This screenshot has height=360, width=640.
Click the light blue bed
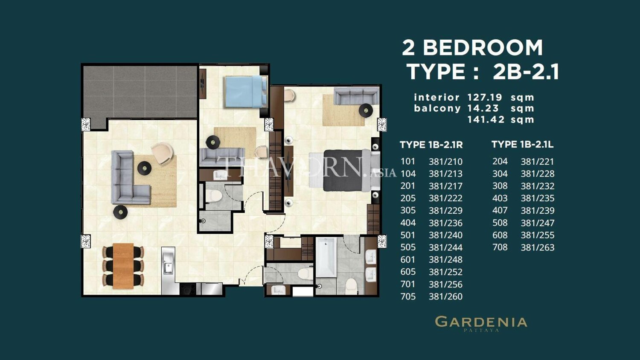click(x=246, y=91)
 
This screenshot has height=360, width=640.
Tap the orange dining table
click(x=123, y=266)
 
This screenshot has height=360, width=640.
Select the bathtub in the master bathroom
click(x=326, y=257)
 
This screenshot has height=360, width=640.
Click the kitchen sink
click(x=168, y=264)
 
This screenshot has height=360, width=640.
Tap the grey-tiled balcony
click(x=140, y=94)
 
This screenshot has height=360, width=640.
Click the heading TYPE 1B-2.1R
click(x=431, y=145)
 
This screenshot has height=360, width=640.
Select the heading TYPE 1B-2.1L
click(x=523, y=145)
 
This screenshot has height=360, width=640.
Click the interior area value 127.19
click(x=485, y=97)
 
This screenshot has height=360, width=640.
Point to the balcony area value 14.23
click(x=483, y=108)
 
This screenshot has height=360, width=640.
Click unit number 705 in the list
click(x=408, y=296)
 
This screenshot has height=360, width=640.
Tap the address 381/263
click(x=538, y=247)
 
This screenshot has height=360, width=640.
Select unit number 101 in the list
click(x=408, y=161)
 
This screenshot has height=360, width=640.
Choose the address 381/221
click(x=538, y=162)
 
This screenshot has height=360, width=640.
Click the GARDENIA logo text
click(x=481, y=322)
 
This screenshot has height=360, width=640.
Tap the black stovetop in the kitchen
click(x=188, y=289)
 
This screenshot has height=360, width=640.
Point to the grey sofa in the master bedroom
click(x=357, y=96)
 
